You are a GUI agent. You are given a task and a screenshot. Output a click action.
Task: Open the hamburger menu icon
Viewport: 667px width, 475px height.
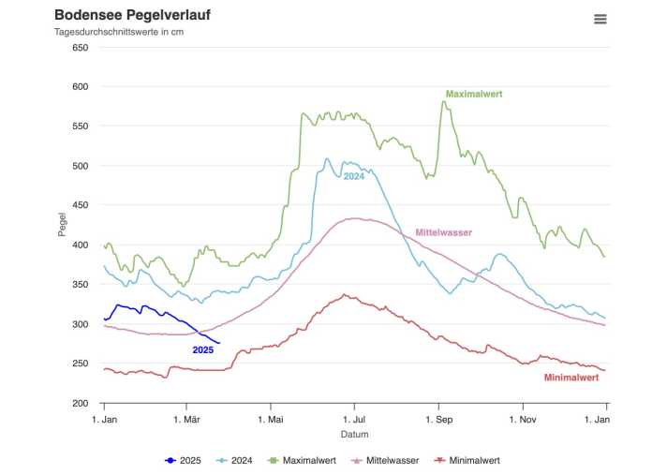pyautogui.click(x=600, y=19)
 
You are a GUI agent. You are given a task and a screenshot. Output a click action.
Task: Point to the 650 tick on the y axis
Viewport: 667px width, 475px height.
pyautogui.click(x=80, y=48)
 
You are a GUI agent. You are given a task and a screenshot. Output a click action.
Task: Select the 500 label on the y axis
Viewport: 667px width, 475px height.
pyautogui.click(x=80, y=166)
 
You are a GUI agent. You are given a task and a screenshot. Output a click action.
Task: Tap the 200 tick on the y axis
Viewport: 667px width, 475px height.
pyautogui.click(x=80, y=404)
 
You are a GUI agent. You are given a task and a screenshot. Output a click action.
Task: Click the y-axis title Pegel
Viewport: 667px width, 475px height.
pyautogui.click(x=63, y=225)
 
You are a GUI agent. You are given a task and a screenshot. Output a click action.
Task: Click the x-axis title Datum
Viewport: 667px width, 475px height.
pyautogui.click(x=354, y=434)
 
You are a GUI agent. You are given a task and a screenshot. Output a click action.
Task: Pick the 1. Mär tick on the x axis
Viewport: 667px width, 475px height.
pyautogui.click(x=187, y=419)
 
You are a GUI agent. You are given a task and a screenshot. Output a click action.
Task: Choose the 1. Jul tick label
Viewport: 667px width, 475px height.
pyautogui.click(x=354, y=419)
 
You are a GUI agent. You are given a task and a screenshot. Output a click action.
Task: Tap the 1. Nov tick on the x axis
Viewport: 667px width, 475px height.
pyautogui.click(x=522, y=419)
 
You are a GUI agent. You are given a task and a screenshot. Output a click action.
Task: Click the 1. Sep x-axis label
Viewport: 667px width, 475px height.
pyautogui.click(x=438, y=419)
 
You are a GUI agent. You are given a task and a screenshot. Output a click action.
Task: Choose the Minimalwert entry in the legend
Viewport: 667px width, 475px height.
pyautogui.click(x=473, y=460)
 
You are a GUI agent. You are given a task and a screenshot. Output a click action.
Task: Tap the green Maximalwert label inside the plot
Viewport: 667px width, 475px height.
pyautogui.click(x=474, y=94)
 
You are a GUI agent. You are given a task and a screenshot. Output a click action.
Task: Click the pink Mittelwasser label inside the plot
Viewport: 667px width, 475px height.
pyautogui.click(x=443, y=232)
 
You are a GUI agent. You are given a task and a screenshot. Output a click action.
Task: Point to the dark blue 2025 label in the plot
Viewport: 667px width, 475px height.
pyautogui.click(x=202, y=349)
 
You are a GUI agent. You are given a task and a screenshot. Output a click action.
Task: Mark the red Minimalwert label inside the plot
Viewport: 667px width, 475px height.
pyautogui.click(x=571, y=378)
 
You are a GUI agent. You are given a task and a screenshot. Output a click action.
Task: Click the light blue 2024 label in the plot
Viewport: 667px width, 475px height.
pyautogui.click(x=353, y=176)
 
